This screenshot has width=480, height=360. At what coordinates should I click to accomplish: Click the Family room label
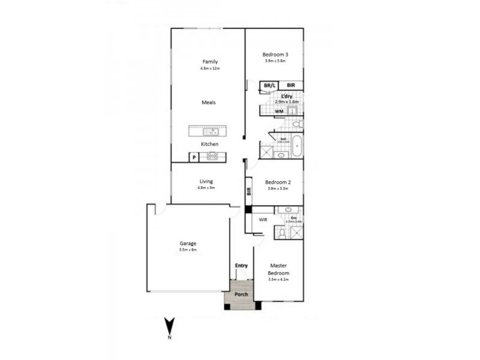209,62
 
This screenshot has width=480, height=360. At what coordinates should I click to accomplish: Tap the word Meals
208,103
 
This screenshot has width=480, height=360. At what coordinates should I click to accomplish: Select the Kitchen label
209,145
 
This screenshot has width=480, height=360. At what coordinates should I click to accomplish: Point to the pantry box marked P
194,157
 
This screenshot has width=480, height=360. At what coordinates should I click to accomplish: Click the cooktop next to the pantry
212,157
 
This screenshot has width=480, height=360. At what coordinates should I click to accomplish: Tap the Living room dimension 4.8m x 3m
206,188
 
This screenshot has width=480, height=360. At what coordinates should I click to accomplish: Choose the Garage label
188,244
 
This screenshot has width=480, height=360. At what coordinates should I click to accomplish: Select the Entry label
241,265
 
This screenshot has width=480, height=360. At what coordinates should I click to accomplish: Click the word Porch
241,295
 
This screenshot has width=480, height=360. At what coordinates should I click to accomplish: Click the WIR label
263,220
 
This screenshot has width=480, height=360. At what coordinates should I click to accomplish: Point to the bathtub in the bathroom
296,146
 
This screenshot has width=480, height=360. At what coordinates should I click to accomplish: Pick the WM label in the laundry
279,112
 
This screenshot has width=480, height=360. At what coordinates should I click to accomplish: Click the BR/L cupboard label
269,86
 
